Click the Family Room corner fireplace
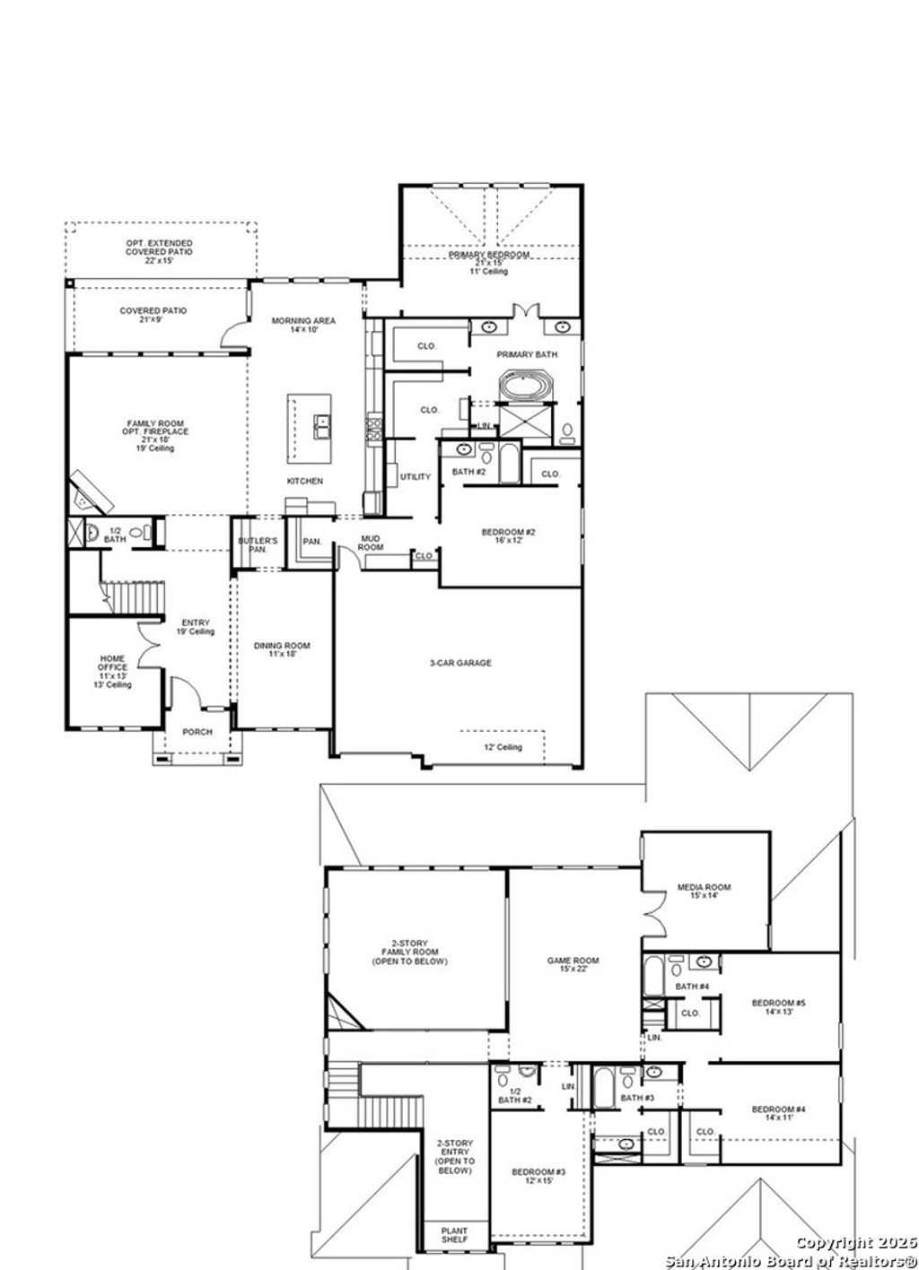pos(91,491)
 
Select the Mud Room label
pos(372,543)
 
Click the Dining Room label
pos(282,649)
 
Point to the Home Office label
pos(113,672)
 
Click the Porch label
pos(197,732)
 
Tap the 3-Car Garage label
pos(459,663)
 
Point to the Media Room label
pos(704,892)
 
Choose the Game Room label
pos(573,964)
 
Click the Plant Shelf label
pos(454,1235)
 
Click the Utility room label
pos(416,477)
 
